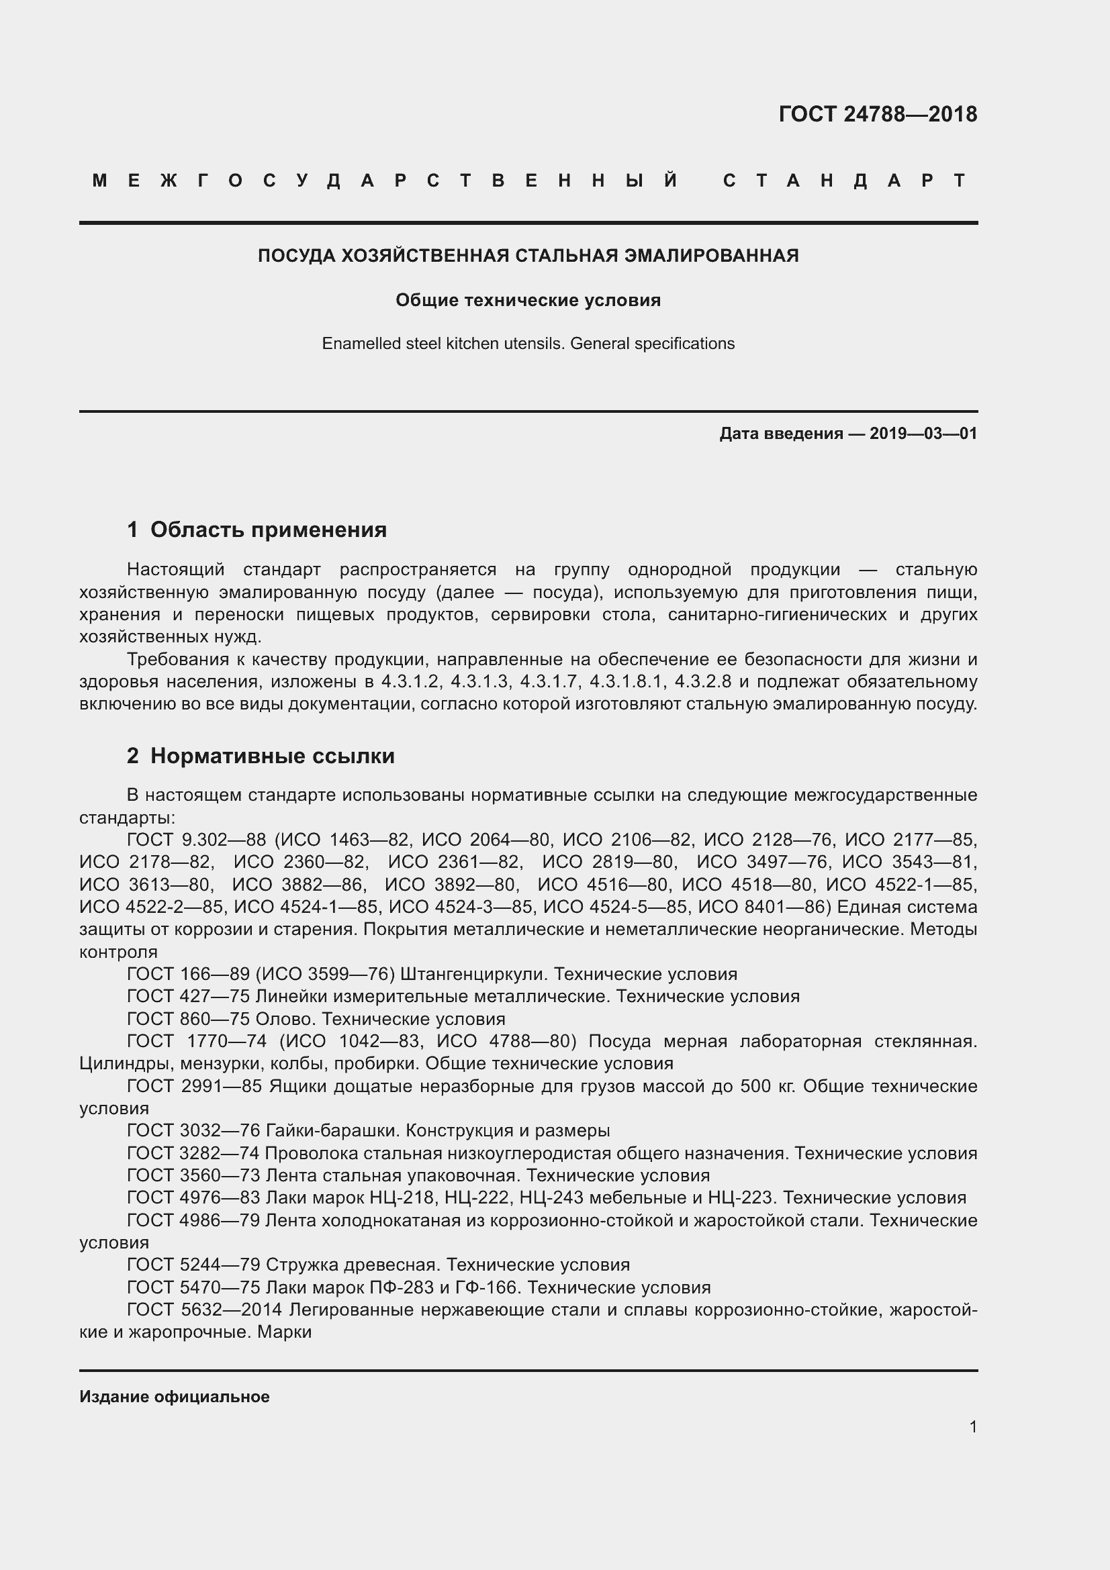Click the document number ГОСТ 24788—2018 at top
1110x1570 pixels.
(878, 114)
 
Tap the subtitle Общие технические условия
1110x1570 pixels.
(528, 300)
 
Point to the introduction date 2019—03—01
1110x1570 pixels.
(923, 434)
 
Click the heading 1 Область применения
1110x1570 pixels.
(257, 530)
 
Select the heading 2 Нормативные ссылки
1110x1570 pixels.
(261, 756)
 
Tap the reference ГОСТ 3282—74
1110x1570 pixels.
(193, 1154)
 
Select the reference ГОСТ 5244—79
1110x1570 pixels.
(193, 1265)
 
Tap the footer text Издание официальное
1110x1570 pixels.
(175, 1397)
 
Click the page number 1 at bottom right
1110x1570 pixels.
(972, 1426)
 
